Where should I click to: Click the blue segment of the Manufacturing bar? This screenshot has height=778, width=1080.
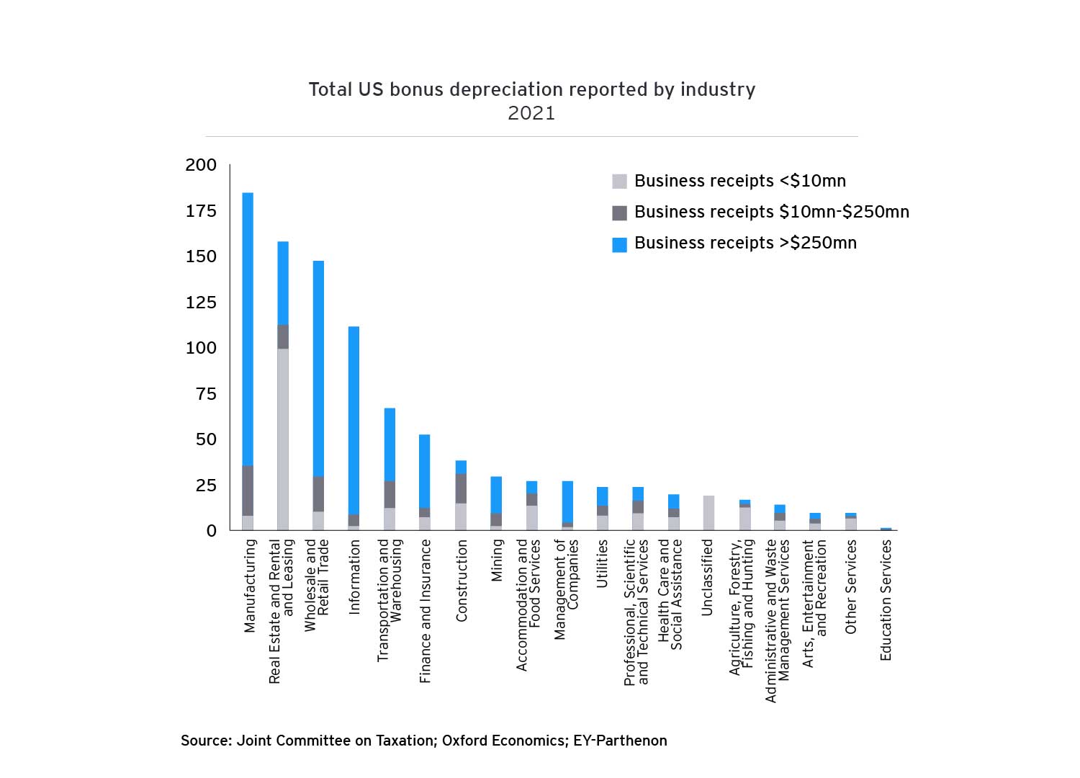248,328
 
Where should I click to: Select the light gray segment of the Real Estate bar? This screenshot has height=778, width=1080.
283,439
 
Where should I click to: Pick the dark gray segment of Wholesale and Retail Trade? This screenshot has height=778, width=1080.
318,493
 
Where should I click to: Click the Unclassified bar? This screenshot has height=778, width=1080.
708,513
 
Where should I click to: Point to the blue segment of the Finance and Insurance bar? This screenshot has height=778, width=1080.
425,471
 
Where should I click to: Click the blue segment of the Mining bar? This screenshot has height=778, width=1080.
496,494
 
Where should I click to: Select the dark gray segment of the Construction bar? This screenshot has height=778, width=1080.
461,488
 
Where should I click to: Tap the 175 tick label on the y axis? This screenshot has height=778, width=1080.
201,211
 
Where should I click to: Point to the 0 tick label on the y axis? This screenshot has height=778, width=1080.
211,531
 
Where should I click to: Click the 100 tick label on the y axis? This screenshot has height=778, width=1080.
201,348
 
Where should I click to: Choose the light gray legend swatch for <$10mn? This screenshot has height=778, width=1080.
619,181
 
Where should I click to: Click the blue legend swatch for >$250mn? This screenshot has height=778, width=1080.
619,244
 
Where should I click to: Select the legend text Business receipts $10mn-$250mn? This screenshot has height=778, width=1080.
772,212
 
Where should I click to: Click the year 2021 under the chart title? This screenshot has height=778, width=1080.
531,113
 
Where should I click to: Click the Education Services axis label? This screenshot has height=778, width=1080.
886,600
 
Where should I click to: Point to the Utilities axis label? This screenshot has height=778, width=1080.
603,564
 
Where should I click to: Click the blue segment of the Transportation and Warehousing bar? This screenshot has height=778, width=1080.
390,444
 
